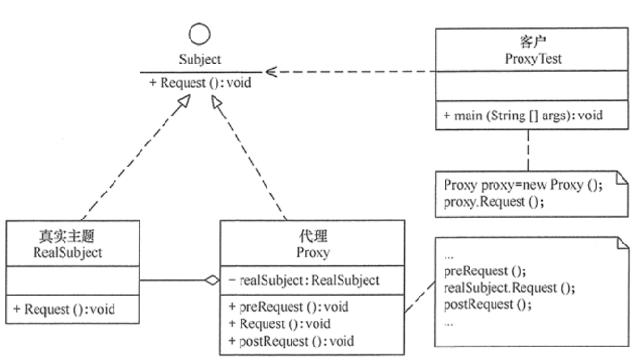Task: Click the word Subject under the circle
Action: (199, 60)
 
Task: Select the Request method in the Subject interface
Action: (199, 82)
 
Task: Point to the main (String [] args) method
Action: (523, 116)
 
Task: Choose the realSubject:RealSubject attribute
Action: (302, 281)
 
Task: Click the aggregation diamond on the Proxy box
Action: (212, 281)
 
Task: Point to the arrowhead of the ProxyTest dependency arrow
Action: (271, 71)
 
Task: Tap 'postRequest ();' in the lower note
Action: (485, 305)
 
